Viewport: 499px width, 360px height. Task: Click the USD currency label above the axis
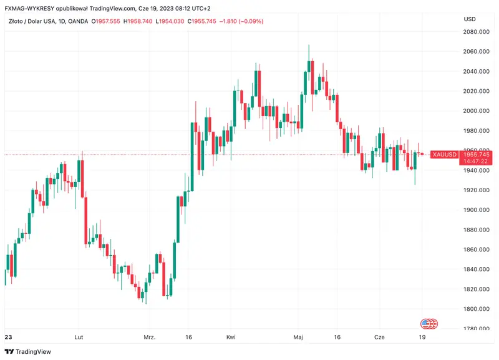470,19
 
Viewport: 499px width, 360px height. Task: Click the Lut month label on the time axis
79,337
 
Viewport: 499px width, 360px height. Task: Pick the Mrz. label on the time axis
149,337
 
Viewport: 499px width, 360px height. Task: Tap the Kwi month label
231,337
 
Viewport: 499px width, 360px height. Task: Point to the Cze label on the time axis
379,337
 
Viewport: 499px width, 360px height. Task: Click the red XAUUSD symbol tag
445,154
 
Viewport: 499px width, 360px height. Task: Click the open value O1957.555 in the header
106,21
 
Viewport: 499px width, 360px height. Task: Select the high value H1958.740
138,21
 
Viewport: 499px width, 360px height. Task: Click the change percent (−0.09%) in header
248,21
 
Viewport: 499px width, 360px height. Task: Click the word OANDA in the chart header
77,21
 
